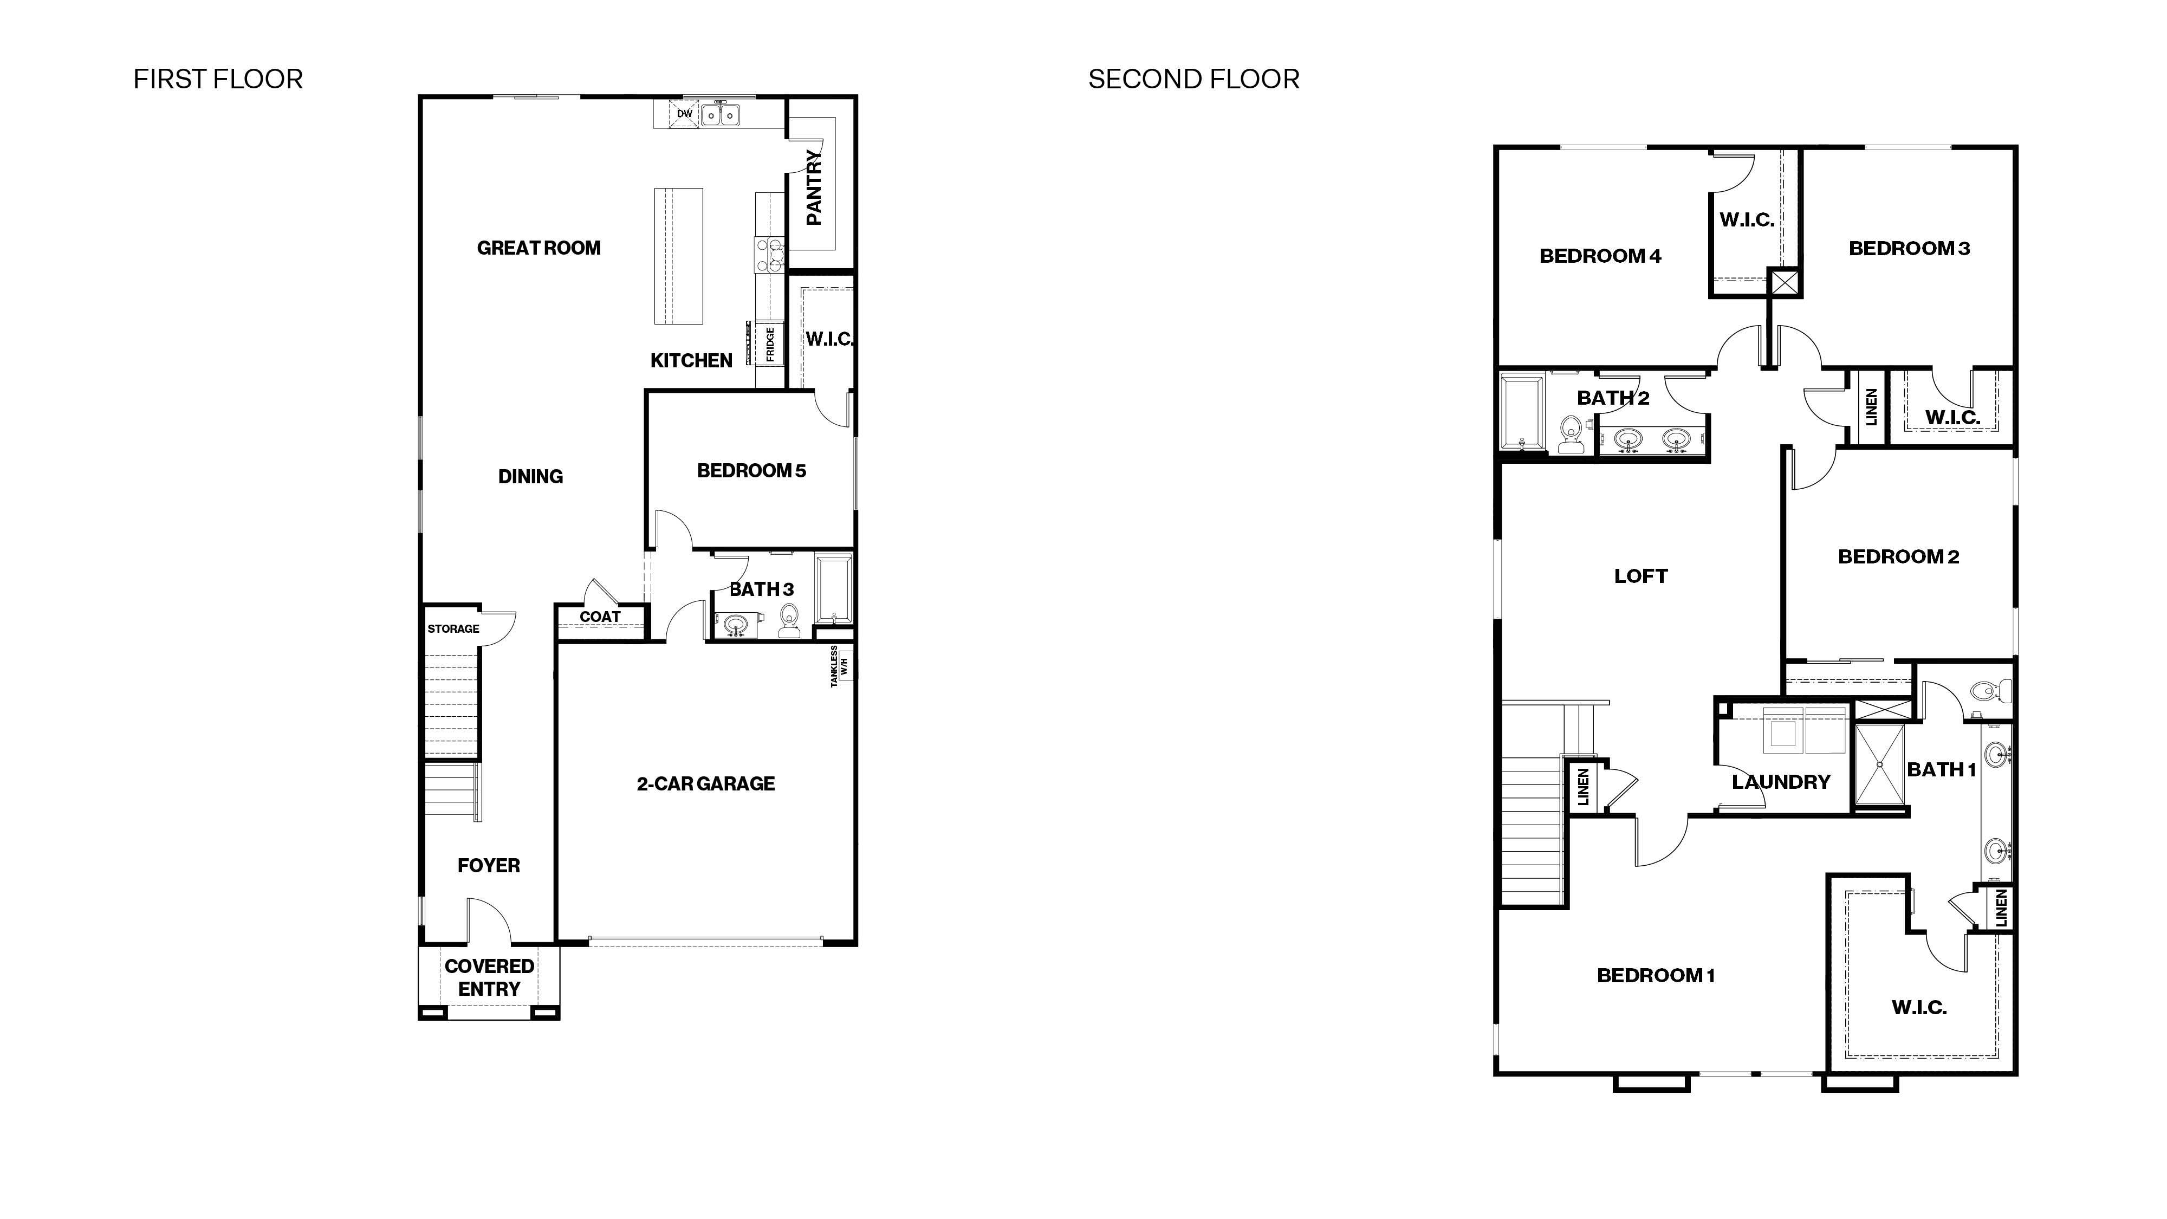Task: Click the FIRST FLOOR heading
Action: coord(218,79)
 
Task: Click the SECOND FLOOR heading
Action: coord(1193,79)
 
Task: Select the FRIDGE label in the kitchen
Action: coord(770,344)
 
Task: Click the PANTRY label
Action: coord(814,187)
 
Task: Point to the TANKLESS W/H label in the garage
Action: coord(839,666)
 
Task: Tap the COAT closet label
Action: coord(600,617)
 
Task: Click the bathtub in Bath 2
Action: coord(1523,413)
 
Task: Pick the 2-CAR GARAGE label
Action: coord(705,783)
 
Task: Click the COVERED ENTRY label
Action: coord(489,977)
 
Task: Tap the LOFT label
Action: coord(1640,576)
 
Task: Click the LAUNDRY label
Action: coord(1781,782)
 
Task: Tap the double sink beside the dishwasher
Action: coord(720,114)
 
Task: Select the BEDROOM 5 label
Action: coord(751,470)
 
